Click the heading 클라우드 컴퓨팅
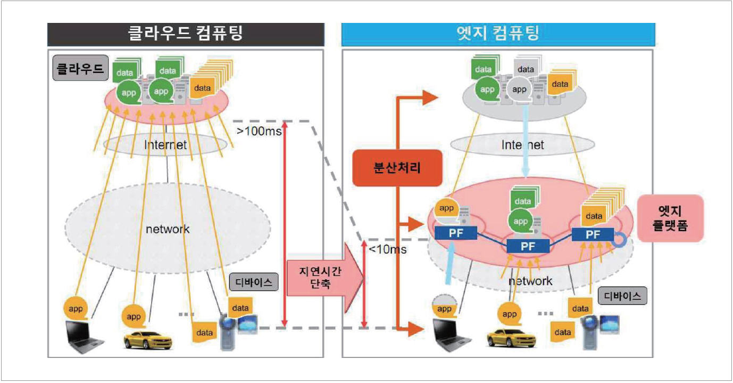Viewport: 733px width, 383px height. (185, 34)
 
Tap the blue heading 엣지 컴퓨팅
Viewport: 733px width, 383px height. (498, 34)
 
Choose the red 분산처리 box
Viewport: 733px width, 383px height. (396, 169)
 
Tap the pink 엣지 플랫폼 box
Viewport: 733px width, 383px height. (670, 218)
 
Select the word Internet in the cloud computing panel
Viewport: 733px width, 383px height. (165, 144)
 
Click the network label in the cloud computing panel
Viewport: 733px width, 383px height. (168, 229)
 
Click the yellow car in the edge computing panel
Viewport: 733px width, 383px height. (510, 337)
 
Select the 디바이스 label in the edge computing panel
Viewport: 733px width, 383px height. (622, 296)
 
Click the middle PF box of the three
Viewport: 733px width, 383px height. (528, 246)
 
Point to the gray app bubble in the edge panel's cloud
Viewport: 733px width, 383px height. (519, 89)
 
